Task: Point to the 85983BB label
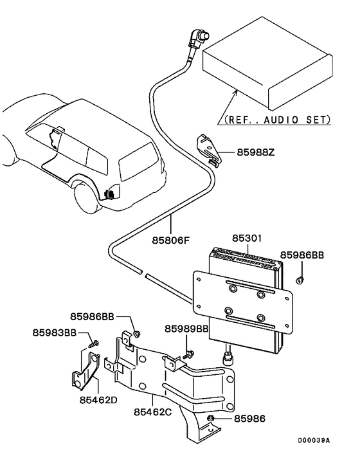pyautogui.click(x=55, y=332)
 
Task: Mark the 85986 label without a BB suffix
pyautogui.click(x=249, y=419)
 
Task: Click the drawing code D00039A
pyautogui.click(x=313, y=440)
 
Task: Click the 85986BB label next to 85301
pyautogui.click(x=301, y=255)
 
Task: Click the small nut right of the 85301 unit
pyautogui.click(x=300, y=280)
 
